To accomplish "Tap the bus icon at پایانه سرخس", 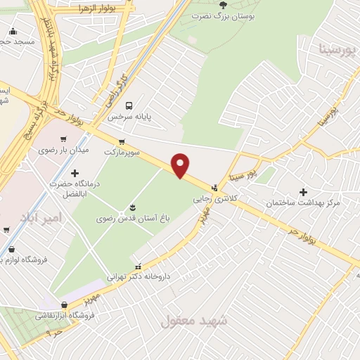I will point(128,106).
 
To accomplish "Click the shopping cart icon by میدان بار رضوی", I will point(64,139).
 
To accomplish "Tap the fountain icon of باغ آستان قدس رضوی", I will point(132,207).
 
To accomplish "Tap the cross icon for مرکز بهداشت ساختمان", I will point(303,191).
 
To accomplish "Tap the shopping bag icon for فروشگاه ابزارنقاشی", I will point(65,304).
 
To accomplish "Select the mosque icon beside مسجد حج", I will point(13,30).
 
